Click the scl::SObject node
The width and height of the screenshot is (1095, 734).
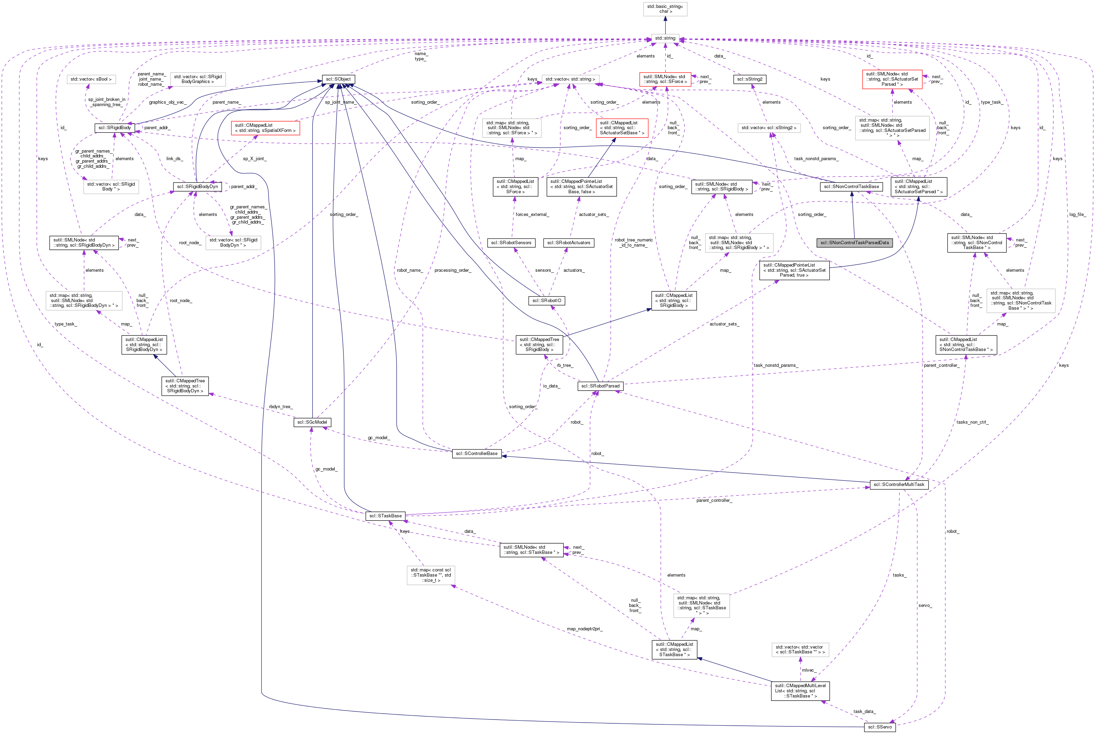[338, 79]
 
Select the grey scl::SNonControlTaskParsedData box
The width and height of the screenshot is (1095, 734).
[854, 242]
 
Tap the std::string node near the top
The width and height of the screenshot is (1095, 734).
[665, 38]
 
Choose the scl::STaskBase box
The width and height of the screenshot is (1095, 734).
[385, 515]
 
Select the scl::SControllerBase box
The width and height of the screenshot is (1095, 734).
[477, 453]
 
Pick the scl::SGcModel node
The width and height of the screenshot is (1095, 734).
[312, 422]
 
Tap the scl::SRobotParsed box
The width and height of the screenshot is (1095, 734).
[600, 386]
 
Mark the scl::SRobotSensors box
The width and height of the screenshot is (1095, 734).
[511, 242]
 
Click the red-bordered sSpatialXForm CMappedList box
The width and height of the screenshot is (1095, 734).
[265, 128]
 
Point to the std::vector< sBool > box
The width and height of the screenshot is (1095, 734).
[91, 79]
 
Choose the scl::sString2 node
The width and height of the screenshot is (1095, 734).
[749, 79]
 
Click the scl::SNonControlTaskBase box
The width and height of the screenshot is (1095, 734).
[851, 186]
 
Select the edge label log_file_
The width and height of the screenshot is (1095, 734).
[1077, 214]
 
